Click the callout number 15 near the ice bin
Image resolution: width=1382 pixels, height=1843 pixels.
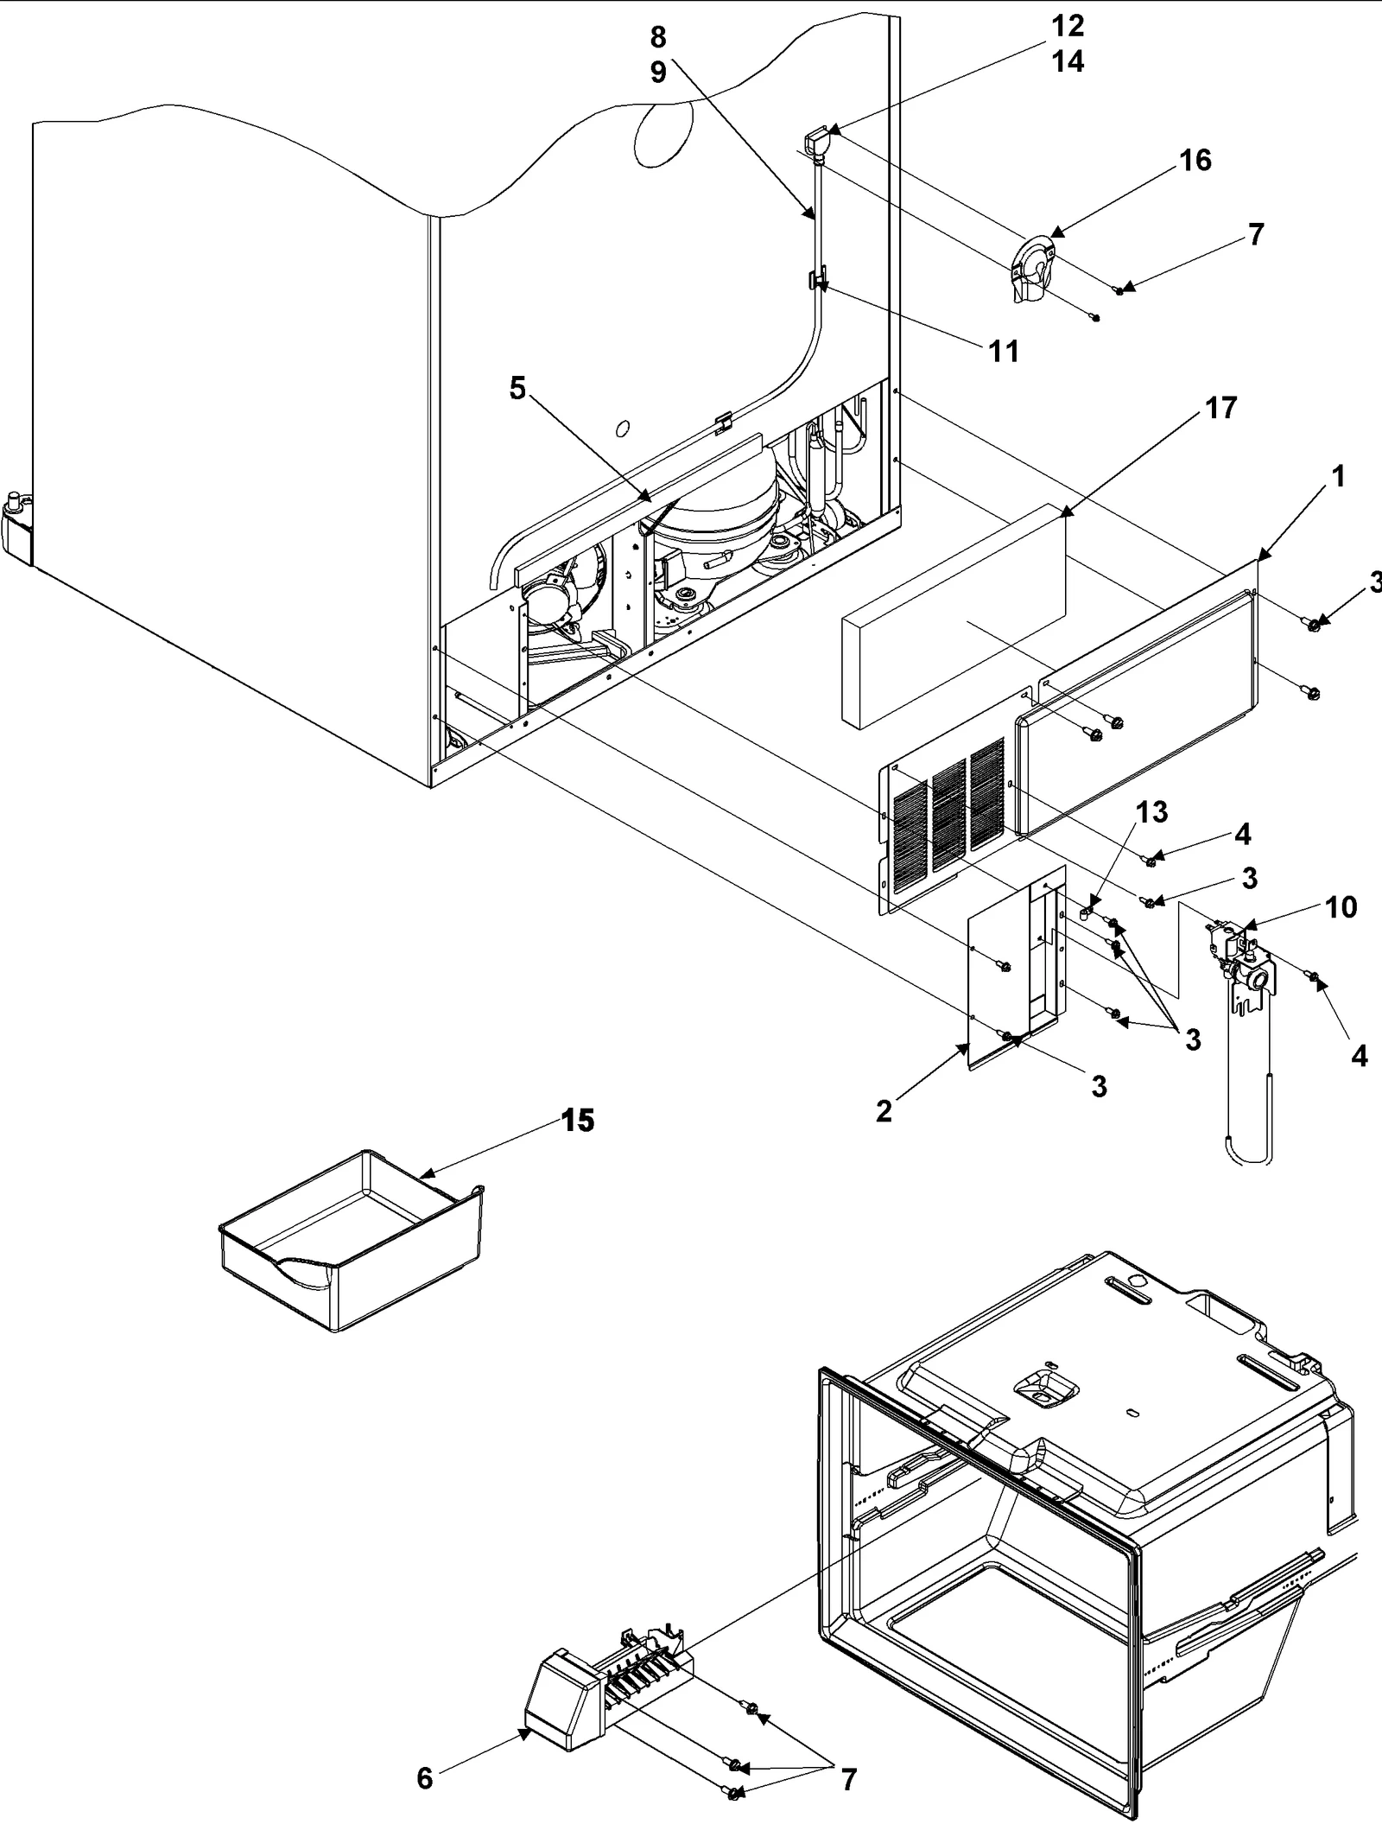pos(578,1121)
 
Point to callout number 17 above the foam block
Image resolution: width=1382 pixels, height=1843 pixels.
pos(1220,408)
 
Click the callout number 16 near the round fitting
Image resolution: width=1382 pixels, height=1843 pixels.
pos(1195,160)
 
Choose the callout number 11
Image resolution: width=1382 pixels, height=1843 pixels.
pos(1004,351)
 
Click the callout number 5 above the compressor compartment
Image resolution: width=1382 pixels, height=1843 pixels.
pos(517,389)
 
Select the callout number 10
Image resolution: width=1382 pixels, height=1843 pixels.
pos(1341,907)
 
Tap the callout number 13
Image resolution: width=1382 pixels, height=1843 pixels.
pos(1152,812)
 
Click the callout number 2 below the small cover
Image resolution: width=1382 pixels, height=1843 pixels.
pos(883,1111)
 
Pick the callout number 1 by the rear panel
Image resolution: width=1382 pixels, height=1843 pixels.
pos(1338,476)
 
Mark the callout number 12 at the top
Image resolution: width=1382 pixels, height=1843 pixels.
pos(1068,26)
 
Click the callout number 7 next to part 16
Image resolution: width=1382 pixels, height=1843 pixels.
pos(1256,234)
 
